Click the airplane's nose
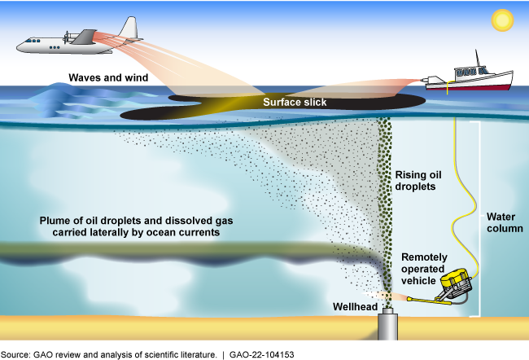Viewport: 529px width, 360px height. [19, 45]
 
